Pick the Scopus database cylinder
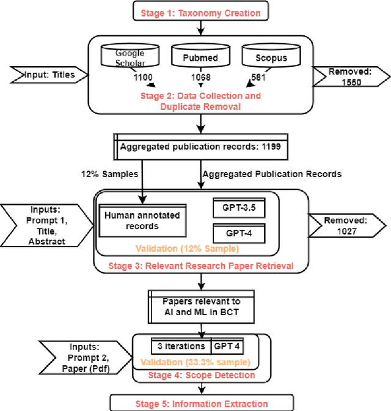(x=264, y=57)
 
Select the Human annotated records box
(x=142, y=220)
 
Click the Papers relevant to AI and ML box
(x=202, y=306)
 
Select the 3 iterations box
(x=177, y=346)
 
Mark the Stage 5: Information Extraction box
(x=202, y=402)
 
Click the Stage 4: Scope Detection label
(x=202, y=374)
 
